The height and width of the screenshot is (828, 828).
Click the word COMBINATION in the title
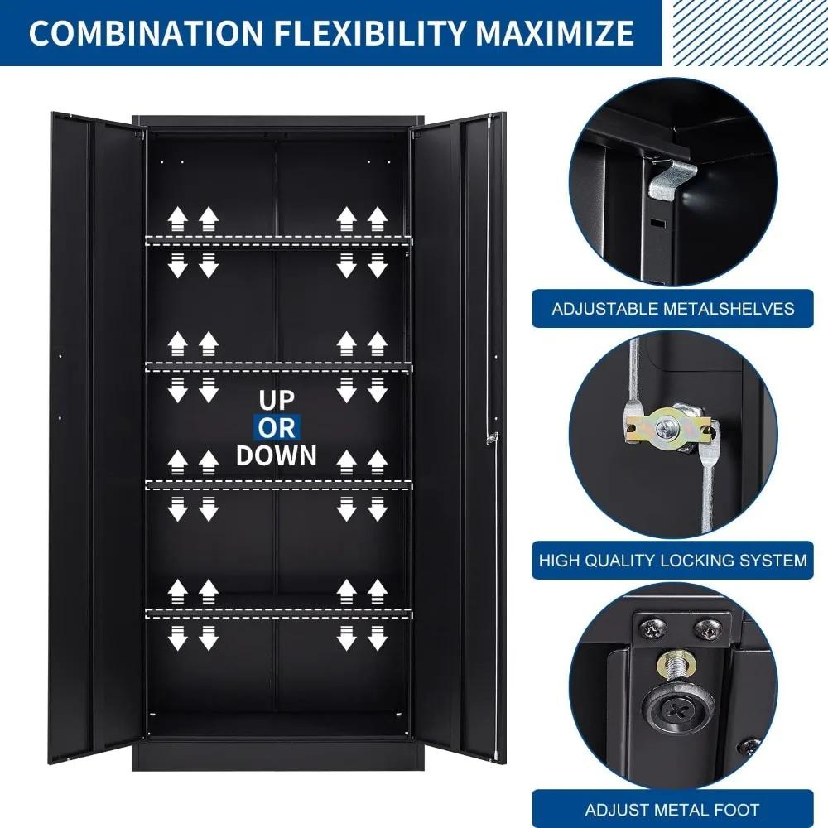[x=147, y=33]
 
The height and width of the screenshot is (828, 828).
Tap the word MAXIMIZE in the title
[x=555, y=33]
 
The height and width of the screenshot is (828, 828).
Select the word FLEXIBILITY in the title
[x=369, y=33]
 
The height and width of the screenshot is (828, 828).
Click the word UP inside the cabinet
[x=277, y=400]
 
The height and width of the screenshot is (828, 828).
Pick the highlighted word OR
[x=277, y=428]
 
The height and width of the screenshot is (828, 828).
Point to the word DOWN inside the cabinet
[x=277, y=455]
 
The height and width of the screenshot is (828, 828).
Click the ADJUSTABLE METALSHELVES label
[x=672, y=309]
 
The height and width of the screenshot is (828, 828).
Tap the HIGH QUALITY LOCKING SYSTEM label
[x=672, y=561]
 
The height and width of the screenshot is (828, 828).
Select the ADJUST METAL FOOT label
[x=672, y=809]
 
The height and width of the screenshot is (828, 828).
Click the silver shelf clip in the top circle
[x=670, y=180]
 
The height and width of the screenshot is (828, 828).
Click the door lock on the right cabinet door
[x=492, y=438]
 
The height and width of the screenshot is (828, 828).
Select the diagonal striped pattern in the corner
[x=750, y=33]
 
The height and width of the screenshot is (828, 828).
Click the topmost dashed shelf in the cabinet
[x=278, y=240]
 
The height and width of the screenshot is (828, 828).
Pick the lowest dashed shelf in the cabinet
[x=278, y=613]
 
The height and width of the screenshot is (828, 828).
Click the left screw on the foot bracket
[x=652, y=629]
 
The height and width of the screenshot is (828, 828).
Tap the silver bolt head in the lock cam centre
[x=667, y=427]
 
